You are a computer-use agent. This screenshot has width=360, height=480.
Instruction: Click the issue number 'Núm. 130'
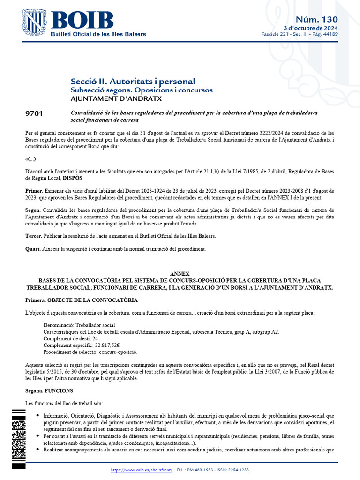tap(316, 19)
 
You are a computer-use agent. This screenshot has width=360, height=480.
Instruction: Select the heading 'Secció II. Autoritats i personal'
tap(133, 82)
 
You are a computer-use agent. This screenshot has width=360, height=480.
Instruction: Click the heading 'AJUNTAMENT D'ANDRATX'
tap(116, 98)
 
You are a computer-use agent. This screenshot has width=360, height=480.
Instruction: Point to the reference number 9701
tap(34, 114)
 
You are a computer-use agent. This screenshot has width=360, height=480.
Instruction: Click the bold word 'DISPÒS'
tap(75, 178)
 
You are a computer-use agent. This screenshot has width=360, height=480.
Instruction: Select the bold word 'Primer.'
tap(34, 191)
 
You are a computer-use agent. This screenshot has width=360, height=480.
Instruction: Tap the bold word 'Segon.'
tap(33, 210)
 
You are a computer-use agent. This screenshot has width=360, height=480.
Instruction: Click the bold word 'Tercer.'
tap(34, 236)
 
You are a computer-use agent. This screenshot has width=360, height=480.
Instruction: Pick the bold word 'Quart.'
tap(33, 248)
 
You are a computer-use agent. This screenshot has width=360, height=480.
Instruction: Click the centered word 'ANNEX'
tap(180, 274)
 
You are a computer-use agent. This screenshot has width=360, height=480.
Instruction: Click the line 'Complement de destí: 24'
tap(71, 338)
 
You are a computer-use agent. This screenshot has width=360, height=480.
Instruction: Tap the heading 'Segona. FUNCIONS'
tap(49, 390)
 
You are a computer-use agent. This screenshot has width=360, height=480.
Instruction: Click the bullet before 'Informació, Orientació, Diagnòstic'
tap(37, 416)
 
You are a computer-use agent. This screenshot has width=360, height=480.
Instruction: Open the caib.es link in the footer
tap(142, 470)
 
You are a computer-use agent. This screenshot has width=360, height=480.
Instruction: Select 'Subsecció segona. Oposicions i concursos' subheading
tap(142, 90)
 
